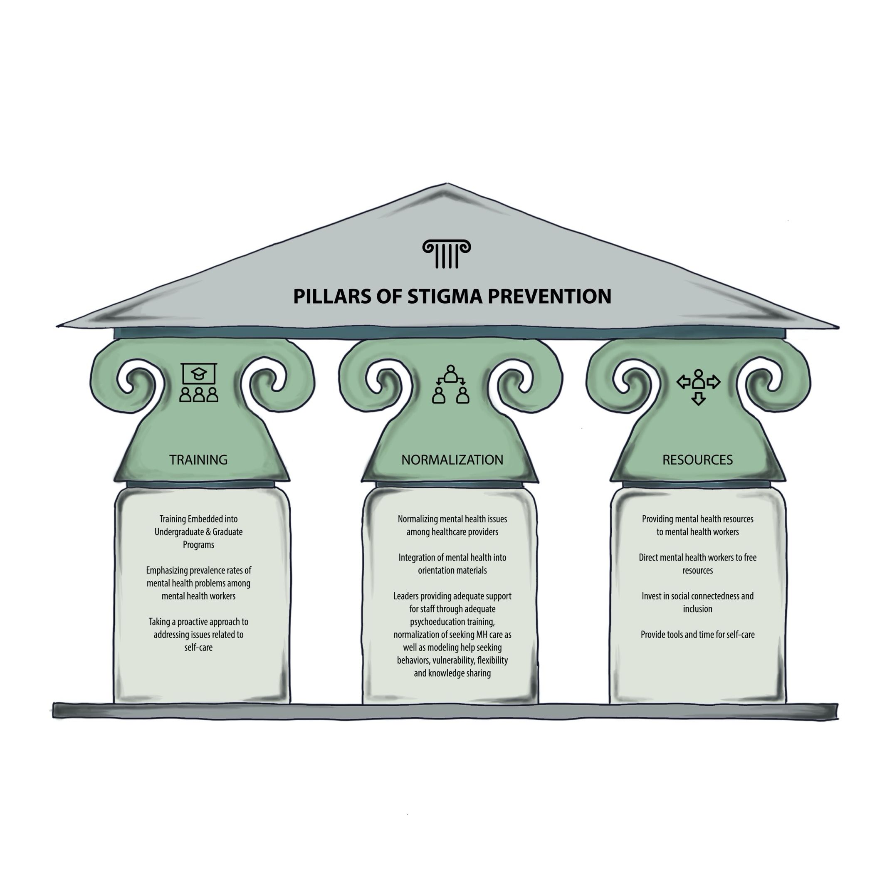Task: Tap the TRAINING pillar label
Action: (198, 460)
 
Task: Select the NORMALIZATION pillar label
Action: (452, 460)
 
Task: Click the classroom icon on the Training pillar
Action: (198, 382)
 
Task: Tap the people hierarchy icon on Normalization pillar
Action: (450, 384)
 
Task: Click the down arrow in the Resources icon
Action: (699, 398)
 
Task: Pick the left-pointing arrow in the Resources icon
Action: (683, 382)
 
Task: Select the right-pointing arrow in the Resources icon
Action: (713, 382)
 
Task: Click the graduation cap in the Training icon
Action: (198, 373)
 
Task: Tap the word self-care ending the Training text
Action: (198, 648)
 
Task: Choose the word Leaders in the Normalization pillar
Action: (406, 596)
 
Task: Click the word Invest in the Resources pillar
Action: (652, 596)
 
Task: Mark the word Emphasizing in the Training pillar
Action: (167, 571)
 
